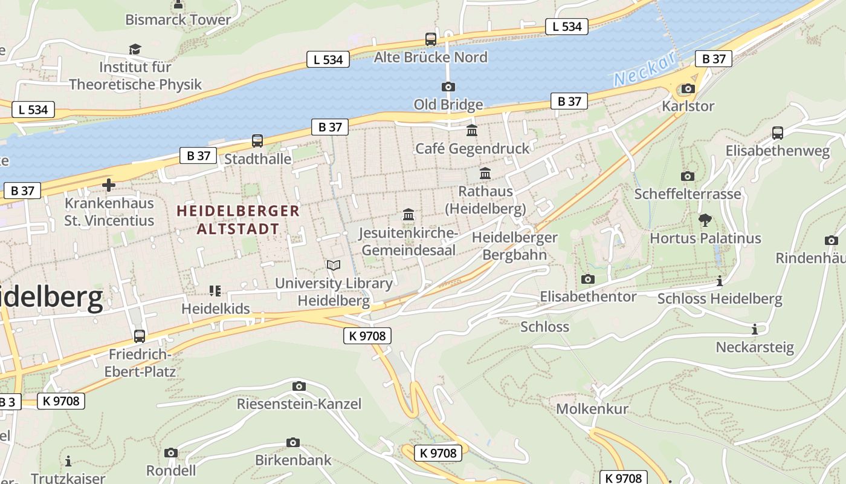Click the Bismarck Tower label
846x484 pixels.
point(178,19)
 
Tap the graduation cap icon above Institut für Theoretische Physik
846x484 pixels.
point(135,49)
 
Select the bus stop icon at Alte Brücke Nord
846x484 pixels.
point(430,39)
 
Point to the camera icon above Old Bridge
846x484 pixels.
point(448,87)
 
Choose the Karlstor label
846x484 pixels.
point(688,106)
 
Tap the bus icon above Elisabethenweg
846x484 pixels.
point(777,132)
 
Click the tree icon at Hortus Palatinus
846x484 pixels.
point(705,220)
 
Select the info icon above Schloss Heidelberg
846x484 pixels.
point(719,281)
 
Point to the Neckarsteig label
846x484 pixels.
point(754,347)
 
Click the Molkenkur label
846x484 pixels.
point(592,408)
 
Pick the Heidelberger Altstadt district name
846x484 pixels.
point(238,220)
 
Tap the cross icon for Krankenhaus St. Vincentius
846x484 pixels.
point(109,185)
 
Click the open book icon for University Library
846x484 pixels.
point(333,265)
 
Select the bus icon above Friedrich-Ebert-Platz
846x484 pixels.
point(140,336)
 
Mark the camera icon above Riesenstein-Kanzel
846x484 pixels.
point(299,386)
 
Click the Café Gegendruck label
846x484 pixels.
point(471,148)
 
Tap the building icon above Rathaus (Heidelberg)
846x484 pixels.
point(485,174)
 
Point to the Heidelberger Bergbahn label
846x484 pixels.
point(514,246)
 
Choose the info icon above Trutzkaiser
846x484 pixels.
point(68,461)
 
